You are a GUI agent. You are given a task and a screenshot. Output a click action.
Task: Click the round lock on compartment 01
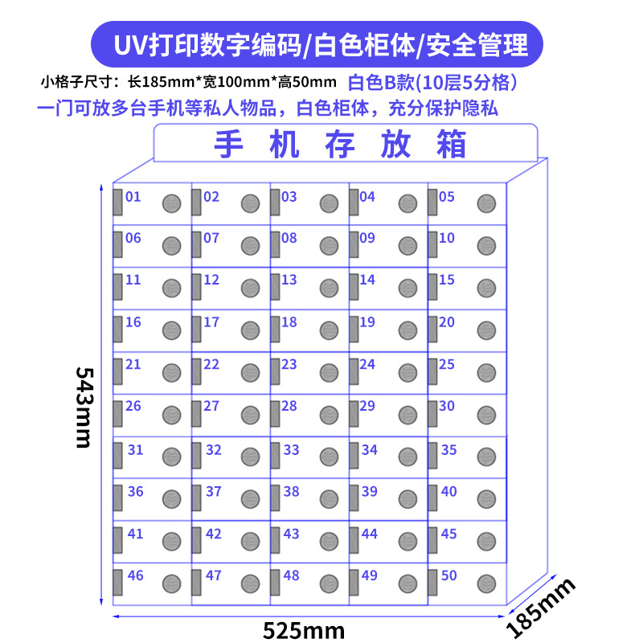tap(171, 203)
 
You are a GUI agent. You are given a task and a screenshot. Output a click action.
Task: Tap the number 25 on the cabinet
tap(447, 364)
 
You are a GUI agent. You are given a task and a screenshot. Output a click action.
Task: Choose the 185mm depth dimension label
tap(543, 606)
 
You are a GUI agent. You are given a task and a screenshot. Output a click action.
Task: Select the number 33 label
tap(291, 450)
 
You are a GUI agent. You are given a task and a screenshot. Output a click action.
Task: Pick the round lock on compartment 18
tap(329, 330)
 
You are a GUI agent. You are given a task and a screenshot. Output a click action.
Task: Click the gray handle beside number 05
tap(432, 203)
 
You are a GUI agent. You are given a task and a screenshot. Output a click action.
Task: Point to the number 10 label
tap(447, 238)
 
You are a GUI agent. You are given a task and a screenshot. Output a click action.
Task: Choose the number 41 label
tap(135, 534)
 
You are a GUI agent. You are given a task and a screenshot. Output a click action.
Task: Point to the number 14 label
tap(367, 280)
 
